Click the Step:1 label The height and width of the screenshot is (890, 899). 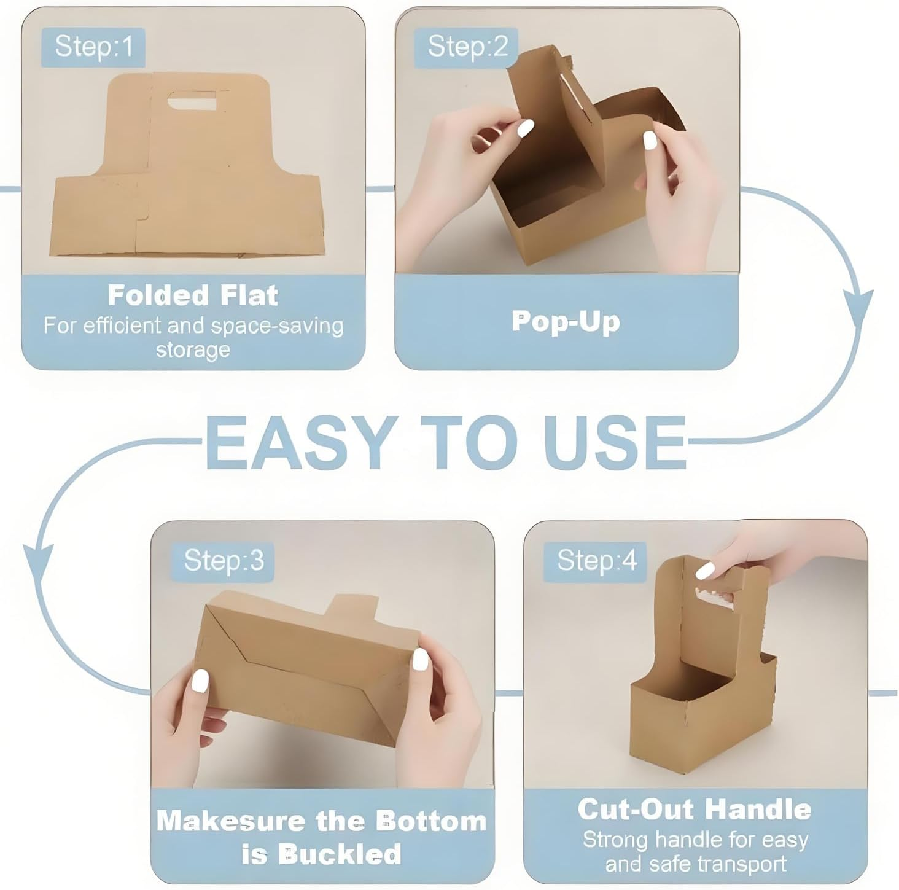point(93,47)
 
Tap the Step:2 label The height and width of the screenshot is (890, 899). point(467,47)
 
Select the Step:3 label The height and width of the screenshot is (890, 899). point(224,560)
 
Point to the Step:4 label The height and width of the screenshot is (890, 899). point(596,560)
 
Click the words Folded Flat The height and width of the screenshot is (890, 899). point(193,295)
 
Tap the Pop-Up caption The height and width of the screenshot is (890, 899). point(566,321)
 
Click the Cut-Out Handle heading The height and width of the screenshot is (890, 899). point(695,810)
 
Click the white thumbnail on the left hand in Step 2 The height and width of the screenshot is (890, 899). point(526,128)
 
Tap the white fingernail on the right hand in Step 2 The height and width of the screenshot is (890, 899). point(650,140)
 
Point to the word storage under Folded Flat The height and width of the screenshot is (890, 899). point(193,350)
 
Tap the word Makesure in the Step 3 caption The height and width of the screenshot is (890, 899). point(231,822)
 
